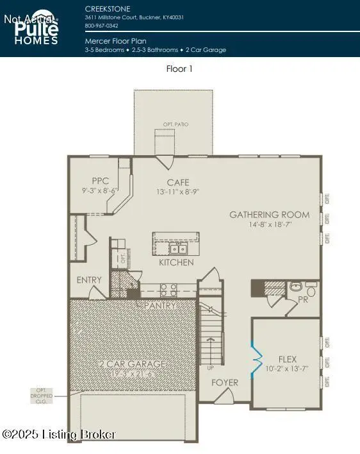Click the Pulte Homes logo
[x=37, y=28]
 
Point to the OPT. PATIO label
[x=176, y=124]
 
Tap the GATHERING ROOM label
[x=269, y=215]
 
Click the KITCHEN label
[x=177, y=263]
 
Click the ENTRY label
[x=89, y=280]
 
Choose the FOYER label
[x=224, y=383]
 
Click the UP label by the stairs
[x=209, y=368]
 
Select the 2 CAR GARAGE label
[x=133, y=364]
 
